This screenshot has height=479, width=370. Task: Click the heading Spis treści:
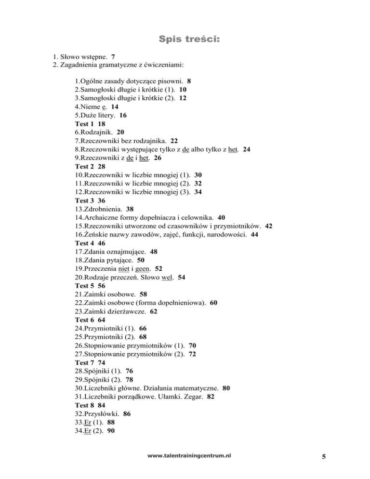click(185, 38)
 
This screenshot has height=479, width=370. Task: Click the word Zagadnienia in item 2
click(80, 65)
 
